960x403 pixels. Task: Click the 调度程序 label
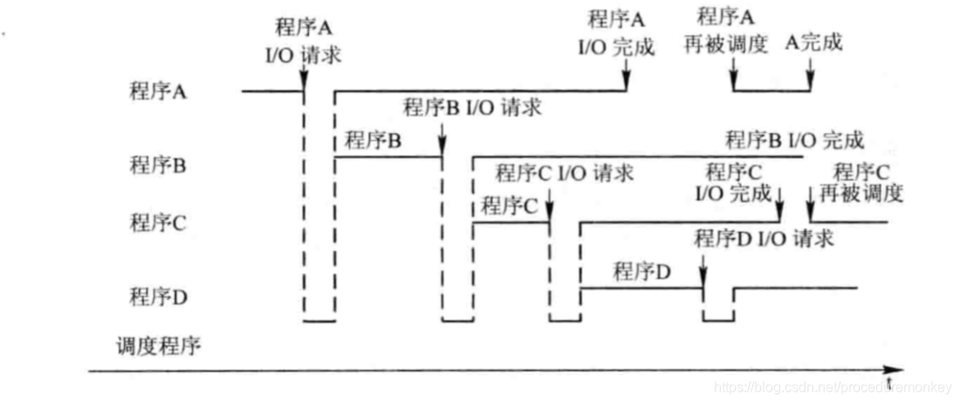click(x=158, y=346)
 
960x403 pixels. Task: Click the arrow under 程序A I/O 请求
click(x=303, y=79)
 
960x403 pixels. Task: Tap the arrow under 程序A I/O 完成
click(x=626, y=79)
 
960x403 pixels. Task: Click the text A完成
click(x=814, y=42)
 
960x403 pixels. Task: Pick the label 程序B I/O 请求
click(x=472, y=108)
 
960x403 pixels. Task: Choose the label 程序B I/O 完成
click(x=794, y=140)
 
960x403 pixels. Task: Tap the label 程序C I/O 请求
click(x=564, y=173)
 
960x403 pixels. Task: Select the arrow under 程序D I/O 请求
click(x=703, y=277)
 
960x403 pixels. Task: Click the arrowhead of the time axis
click(x=898, y=370)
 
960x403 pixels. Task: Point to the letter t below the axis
click(x=890, y=384)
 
